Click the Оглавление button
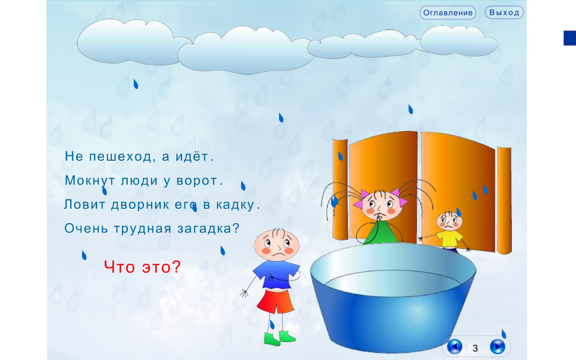[x=448, y=13]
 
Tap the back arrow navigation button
[x=454, y=346]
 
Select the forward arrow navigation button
[x=498, y=346]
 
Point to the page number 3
[x=475, y=348]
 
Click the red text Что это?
[x=143, y=267]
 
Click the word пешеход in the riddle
[x=120, y=156]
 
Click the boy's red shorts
[x=275, y=301]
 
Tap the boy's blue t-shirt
[x=277, y=274]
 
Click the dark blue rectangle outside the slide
[x=570, y=38]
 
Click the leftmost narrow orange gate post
[x=340, y=189]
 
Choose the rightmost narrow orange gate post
[x=504, y=201]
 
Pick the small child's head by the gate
[x=449, y=221]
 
